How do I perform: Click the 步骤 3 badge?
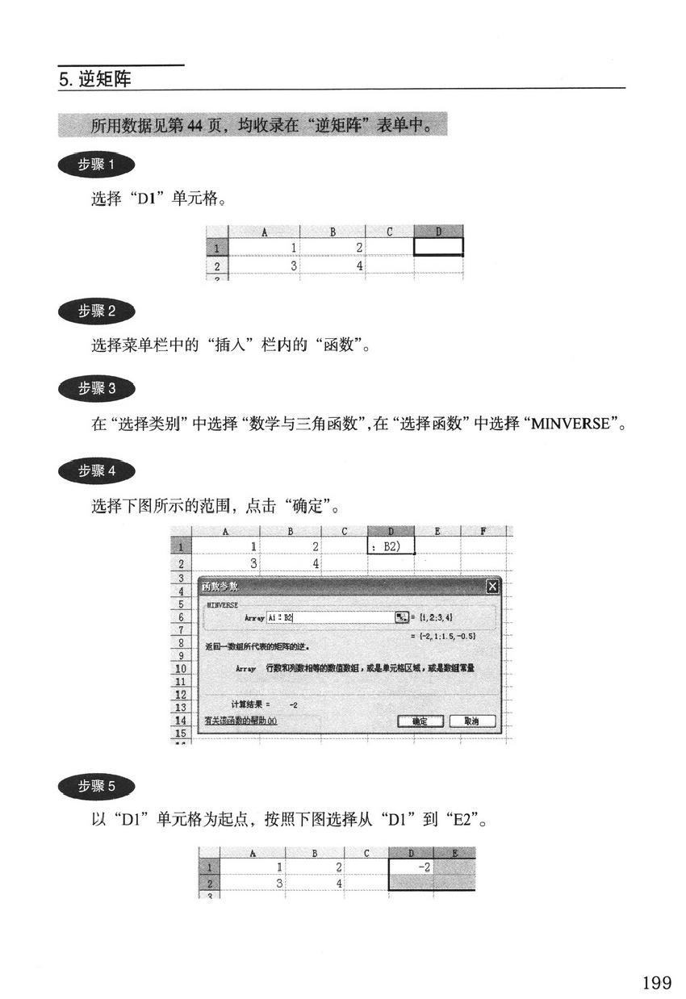(97, 388)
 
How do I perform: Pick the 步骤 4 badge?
(97, 470)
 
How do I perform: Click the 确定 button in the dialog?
(420, 721)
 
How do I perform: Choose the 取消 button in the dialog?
(472, 721)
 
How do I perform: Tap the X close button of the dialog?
(492, 587)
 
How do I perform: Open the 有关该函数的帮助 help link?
(241, 721)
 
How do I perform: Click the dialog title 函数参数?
(220, 587)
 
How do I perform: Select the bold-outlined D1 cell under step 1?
(438, 247)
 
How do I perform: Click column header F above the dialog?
(483, 531)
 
